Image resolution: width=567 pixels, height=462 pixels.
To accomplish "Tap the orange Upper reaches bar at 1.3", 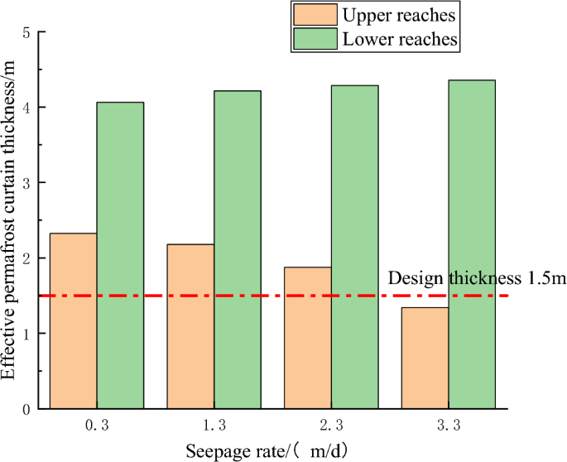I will (190, 326).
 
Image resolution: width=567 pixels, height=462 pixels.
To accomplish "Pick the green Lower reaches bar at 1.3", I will (238, 249).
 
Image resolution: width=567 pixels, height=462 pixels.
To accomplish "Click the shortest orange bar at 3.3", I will (425, 358).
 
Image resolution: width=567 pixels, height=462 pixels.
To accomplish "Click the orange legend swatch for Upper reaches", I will (315, 14).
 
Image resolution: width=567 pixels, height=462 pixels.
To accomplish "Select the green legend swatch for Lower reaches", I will (315, 38).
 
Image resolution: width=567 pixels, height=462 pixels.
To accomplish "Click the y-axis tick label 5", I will (27, 32).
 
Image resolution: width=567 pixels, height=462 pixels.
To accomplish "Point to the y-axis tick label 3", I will (27, 183).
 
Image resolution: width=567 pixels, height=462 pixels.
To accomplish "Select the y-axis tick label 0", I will (27, 409).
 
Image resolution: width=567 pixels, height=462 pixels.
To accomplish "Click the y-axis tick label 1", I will (27, 334).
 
